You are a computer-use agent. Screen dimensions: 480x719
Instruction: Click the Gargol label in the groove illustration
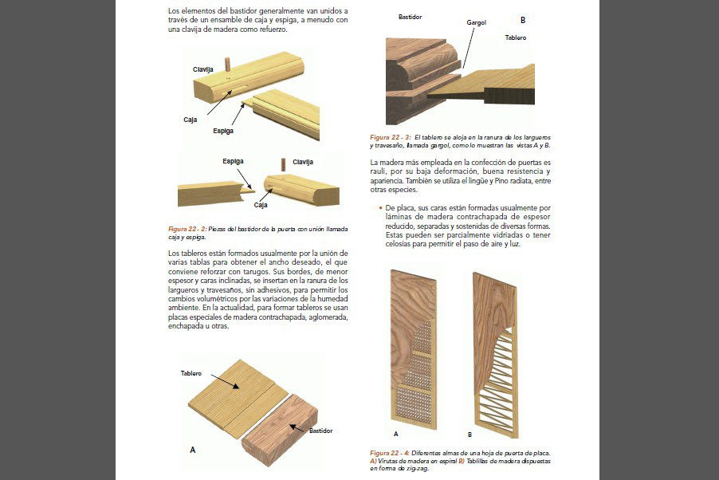pos(476,22)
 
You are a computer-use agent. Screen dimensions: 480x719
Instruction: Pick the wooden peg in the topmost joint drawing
pos(227,64)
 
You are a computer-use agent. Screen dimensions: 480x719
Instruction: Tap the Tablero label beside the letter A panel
pos(191,373)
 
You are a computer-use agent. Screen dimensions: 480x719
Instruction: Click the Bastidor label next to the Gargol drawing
pos(410,16)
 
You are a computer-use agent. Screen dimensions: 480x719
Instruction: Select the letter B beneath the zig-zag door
pos(470,435)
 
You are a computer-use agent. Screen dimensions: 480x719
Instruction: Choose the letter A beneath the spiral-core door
pos(395,435)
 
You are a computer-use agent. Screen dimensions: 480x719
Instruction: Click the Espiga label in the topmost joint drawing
pos(223,130)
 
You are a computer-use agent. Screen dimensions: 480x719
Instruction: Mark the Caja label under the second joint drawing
pos(260,205)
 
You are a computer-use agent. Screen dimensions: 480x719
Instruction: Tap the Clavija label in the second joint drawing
pos(302,162)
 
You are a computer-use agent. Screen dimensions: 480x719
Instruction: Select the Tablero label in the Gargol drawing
pos(515,37)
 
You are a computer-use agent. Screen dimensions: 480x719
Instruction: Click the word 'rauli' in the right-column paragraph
pos(379,171)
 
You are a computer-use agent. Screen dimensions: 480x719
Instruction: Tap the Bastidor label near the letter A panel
pos(320,431)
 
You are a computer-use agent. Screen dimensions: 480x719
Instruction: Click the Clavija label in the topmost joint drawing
pos(203,69)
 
